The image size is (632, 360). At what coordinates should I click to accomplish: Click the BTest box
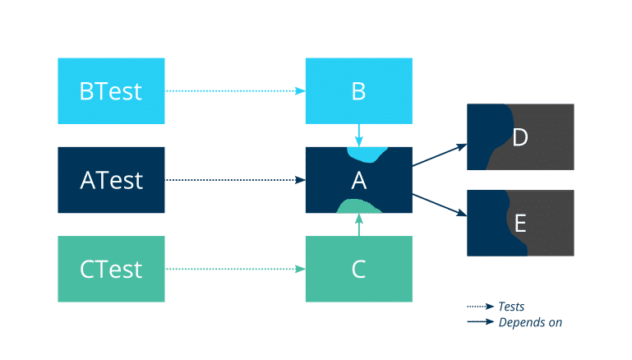[111, 90]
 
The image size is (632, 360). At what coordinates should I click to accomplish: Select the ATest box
[111, 179]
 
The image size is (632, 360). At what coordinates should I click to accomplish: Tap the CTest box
[111, 269]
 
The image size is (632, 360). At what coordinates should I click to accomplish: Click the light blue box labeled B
[358, 90]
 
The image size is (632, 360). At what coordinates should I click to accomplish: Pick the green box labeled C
[358, 269]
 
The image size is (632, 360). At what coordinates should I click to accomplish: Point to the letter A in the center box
[358, 179]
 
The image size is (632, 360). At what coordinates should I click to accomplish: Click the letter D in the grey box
[519, 137]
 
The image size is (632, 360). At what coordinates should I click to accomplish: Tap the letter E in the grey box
[519, 223]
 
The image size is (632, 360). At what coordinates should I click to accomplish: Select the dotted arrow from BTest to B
[235, 90]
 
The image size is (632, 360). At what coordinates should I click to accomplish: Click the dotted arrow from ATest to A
[235, 179]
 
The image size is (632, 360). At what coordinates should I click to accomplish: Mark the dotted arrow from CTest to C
[235, 269]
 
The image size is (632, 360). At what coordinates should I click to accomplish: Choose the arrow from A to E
[440, 205]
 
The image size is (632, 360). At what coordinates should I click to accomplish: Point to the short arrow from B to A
[358, 134]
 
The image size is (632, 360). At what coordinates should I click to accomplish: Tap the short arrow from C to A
[358, 224]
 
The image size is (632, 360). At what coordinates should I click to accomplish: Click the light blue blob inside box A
[365, 154]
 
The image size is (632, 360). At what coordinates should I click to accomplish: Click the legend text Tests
[511, 307]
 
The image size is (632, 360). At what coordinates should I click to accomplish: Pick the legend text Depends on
[530, 322]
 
